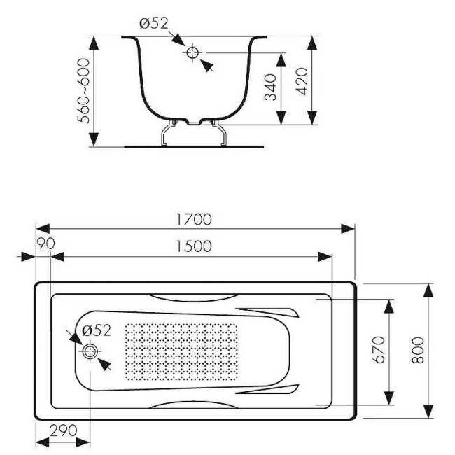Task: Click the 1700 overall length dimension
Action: pos(193,219)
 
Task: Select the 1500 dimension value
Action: pos(192,246)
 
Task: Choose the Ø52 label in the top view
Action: pos(97,330)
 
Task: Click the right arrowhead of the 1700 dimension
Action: pos(350,229)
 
